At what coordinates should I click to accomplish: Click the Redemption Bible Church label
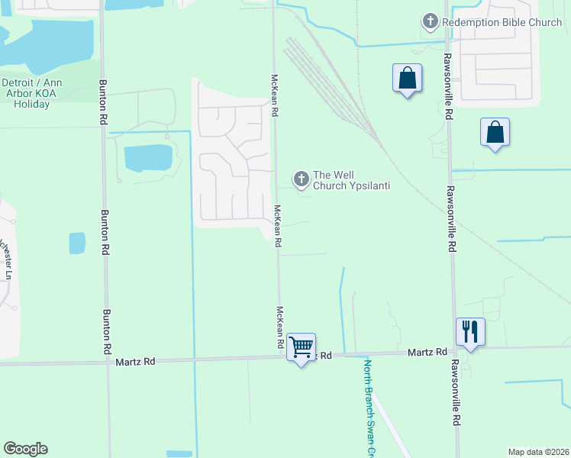point(502,22)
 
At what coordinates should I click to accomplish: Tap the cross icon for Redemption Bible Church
point(431,22)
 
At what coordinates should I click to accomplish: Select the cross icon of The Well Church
point(302,179)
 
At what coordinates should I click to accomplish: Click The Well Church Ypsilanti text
point(351,179)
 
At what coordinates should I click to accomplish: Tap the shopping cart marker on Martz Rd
point(302,347)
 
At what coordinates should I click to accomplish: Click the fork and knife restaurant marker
point(469,332)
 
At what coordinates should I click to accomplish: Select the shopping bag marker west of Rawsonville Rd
point(408,79)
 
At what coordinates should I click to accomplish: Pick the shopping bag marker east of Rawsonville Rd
point(495,132)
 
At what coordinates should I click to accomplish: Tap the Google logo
point(25,449)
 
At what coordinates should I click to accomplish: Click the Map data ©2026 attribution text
point(537,451)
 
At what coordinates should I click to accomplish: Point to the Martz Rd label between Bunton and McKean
point(137,360)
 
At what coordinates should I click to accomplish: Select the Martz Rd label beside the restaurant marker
point(427,352)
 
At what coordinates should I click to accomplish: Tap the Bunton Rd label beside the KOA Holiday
point(102,102)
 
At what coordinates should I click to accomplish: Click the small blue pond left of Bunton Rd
point(77,243)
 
